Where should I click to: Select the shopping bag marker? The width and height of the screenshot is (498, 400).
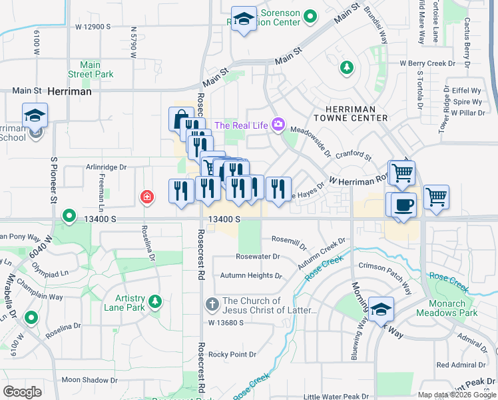(180, 119)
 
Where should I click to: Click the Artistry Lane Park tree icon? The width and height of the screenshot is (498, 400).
(154, 302)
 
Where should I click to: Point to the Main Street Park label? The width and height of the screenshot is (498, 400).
(90, 70)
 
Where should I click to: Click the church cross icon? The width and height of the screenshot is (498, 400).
(212, 305)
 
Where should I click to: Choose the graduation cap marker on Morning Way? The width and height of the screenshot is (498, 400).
(381, 309)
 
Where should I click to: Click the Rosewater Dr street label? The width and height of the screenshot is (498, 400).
(258, 256)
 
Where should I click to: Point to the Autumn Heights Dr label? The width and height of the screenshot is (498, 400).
(247, 275)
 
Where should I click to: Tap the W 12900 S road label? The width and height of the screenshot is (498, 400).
(93, 27)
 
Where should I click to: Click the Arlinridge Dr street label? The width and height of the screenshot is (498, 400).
(105, 167)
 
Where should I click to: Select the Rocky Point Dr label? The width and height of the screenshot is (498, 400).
(232, 355)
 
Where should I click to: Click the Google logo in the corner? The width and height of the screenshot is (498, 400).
(23, 392)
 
